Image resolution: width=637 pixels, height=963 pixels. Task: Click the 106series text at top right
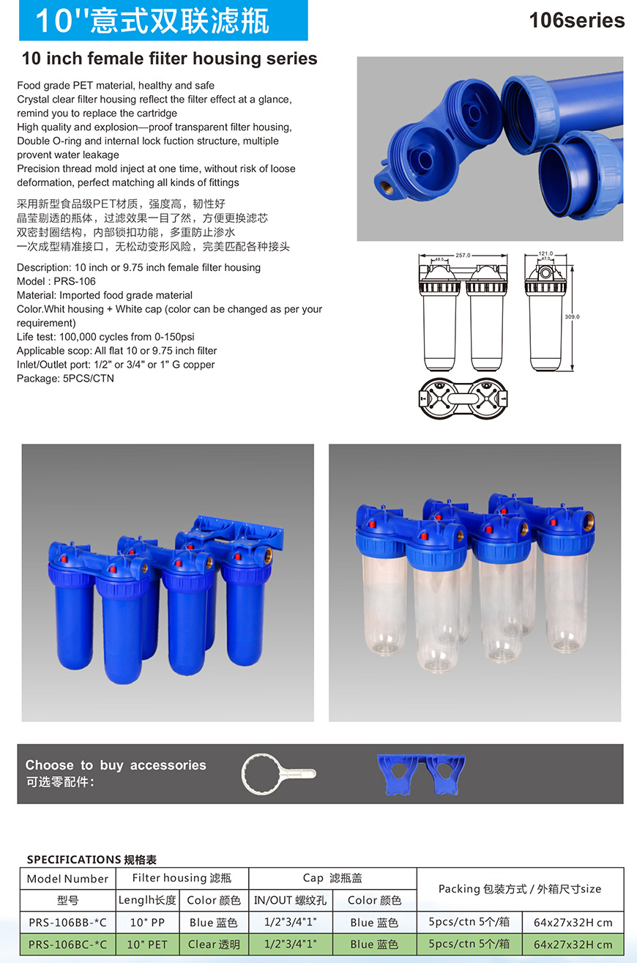576,21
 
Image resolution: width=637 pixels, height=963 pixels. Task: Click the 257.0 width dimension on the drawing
463,255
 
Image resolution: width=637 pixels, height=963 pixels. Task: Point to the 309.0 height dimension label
572,316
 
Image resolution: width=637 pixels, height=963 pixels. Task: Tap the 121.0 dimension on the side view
545,253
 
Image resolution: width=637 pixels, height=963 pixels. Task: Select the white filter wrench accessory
278,773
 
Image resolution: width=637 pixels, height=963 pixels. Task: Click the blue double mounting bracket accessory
421,775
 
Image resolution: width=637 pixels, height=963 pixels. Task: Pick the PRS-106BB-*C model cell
67,922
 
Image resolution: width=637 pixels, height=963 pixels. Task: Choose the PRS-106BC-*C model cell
67,944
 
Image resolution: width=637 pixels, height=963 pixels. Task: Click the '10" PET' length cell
147,944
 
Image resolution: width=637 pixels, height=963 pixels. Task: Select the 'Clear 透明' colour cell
214,944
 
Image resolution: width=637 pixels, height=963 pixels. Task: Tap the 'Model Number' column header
67,879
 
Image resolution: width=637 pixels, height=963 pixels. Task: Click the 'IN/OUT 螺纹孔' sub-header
290,900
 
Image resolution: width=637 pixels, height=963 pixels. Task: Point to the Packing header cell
520,889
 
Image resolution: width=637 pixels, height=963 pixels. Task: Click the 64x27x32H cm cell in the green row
573,944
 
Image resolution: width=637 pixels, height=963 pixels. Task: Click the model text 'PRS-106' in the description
75,281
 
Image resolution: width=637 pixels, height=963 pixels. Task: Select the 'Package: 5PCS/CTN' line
65,379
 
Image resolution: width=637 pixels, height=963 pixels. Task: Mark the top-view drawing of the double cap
463,398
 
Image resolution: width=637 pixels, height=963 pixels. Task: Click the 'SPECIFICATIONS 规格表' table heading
92,859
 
